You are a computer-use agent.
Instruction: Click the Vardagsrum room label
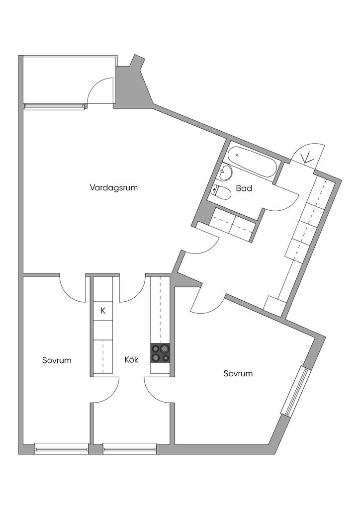pyautogui.click(x=113, y=188)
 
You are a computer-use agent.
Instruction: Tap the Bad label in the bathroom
pyautogui.click(x=244, y=188)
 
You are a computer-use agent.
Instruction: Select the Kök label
pyautogui.click(x=131, y=360)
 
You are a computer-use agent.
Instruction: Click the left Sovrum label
pyautogui.click(x=57, y=360)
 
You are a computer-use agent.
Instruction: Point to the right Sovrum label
pyautogui.click(x=238, y=373)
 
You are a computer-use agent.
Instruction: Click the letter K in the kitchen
pyautogui.click(x=103, y=311)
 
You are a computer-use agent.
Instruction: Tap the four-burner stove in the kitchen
pyautogui.click(x=160, y=352)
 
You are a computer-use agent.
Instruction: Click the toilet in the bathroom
pyautogui.click(x=220, y=191)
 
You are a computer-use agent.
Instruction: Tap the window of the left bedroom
pyautogui.click(x=62, y=448)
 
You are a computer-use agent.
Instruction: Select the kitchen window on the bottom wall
pyautogui.click(x=130, y=448)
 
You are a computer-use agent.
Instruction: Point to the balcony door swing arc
pyautogui.click(x=97, y=89)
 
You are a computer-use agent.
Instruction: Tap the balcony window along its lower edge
pyautogui.click(x=54, y=106)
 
